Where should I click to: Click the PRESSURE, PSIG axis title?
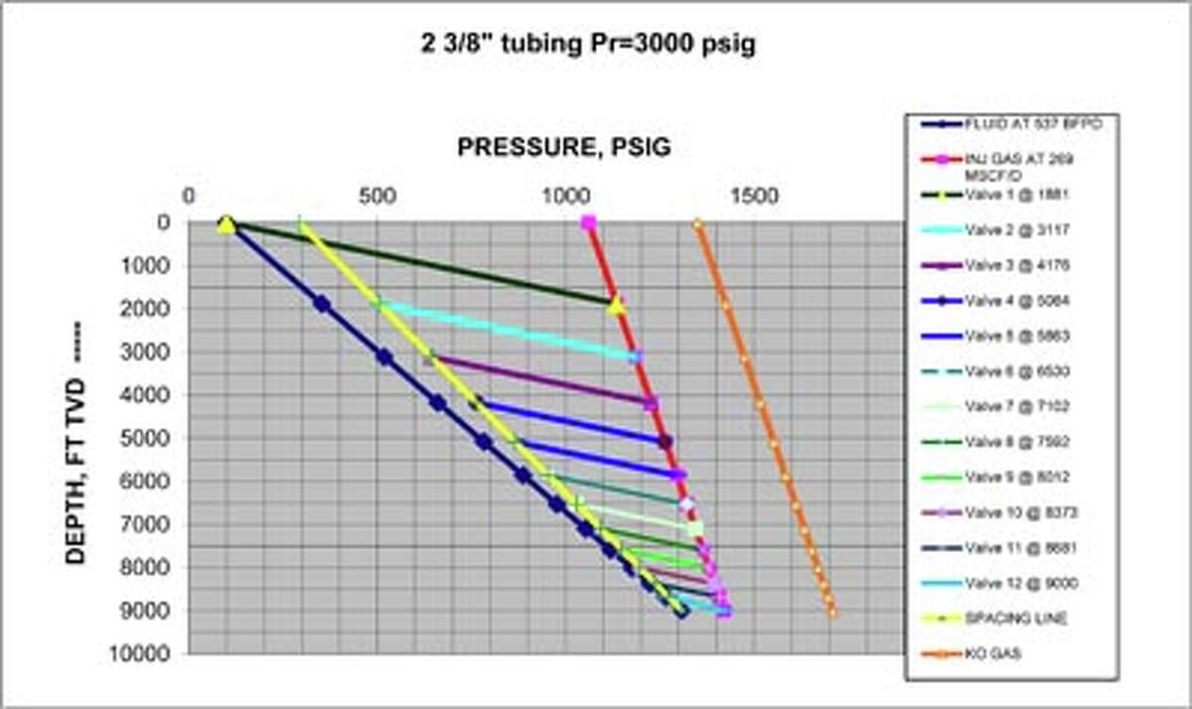(x=563, y=149)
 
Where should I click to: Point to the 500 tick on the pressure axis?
(x=377, y=196)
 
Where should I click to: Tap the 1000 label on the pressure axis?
(x=566, y=196)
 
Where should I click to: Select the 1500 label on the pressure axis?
(x=755, y=196)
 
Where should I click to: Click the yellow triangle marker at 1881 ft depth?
(x=616, y=304)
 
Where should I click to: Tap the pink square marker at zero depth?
(x=589, y=222)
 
